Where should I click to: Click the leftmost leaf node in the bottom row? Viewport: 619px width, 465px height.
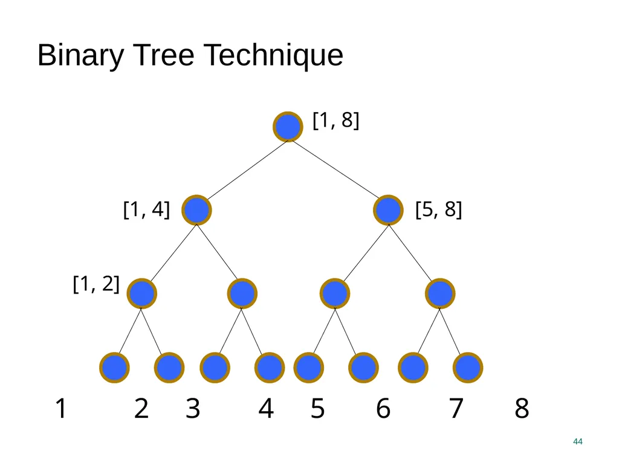pos(114,368)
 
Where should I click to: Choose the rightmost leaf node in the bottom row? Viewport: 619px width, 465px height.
pos(468,368)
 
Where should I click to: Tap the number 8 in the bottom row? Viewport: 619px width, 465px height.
pos(522,409)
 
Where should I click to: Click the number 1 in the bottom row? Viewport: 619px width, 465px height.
pos(61,409)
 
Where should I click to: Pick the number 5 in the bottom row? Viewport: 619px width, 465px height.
pos(318,409)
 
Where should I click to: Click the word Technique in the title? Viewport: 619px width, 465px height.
pos(273,55)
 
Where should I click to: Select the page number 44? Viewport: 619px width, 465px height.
pos(577,441)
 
